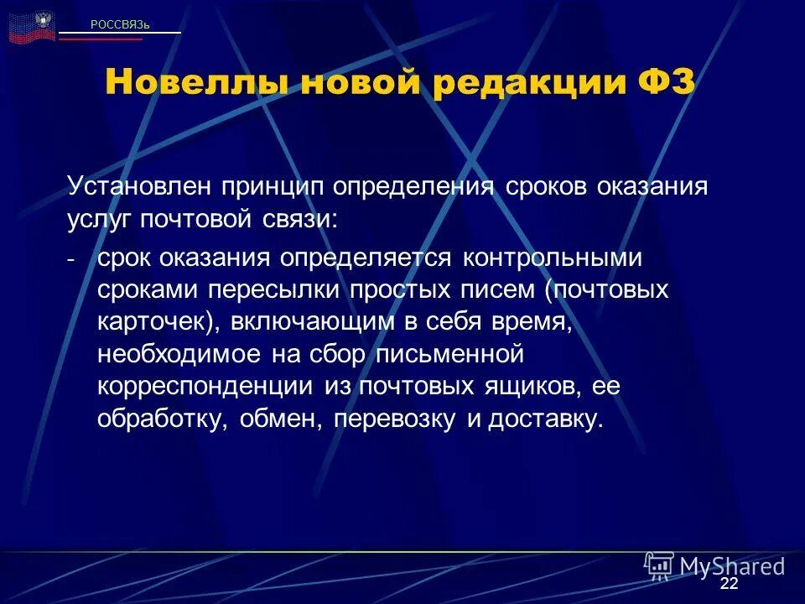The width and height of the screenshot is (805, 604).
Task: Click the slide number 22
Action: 729,584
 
